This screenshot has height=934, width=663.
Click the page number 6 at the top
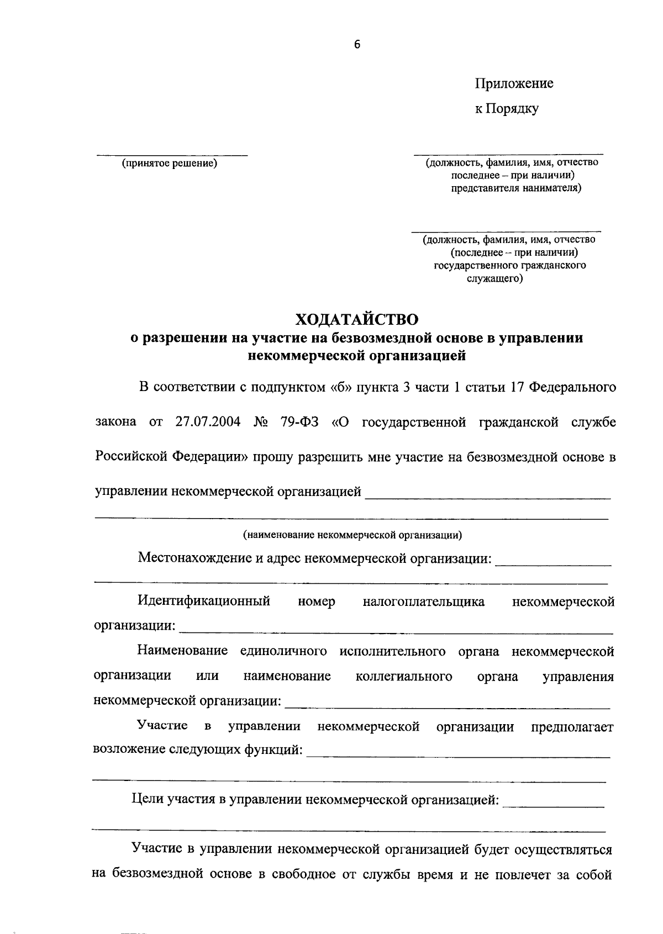[356, 45]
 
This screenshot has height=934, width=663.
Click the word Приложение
[514, 83]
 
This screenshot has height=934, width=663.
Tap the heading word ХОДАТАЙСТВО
[356, 319]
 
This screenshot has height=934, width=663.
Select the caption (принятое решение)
[170, 163]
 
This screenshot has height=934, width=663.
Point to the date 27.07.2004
[208, 422]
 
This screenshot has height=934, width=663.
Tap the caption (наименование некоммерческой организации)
[352, 535]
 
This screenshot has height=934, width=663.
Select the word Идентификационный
[204, 601]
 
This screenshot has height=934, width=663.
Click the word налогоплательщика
[424, 602]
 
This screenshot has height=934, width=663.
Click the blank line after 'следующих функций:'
[458, 756]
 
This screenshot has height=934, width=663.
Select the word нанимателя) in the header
[545, 188]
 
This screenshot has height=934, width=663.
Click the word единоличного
[283, 651]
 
